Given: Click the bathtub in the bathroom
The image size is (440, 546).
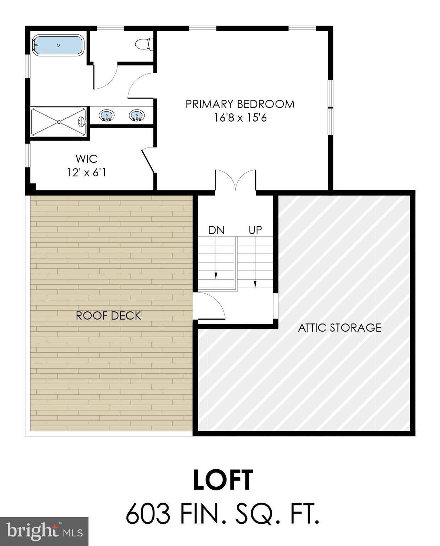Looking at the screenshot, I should click(x=58, y=45).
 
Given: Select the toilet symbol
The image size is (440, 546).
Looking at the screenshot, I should click(x=144, y=44).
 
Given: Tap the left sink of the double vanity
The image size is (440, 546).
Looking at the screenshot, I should click(x=107, y=115).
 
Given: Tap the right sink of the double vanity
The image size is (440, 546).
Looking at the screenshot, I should click(x=137, y=115).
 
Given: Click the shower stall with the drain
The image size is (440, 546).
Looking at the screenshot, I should click(x=59, y=122).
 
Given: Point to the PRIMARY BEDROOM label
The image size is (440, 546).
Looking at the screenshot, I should click(x=240, y=104).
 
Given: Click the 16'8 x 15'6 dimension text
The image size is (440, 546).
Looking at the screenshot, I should click(x=240, y=118).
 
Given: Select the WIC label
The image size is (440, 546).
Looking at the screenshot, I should click(x=86, y=159).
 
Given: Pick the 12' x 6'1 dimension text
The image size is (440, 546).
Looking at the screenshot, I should click(x=86, y=173).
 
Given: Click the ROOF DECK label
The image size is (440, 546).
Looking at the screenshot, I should click(x=108, y=316).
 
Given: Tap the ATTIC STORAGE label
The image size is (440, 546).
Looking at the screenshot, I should click(x=339, y=327).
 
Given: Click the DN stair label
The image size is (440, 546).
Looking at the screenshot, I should click(x=216, y=230).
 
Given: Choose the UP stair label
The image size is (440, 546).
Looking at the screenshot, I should click(x=255, y=230).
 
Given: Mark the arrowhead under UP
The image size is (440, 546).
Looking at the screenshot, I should click(x=255, y=284).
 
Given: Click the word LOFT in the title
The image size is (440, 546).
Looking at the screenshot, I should click(x=223, y=480).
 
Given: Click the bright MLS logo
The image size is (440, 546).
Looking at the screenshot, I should click(x=44, y=531).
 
